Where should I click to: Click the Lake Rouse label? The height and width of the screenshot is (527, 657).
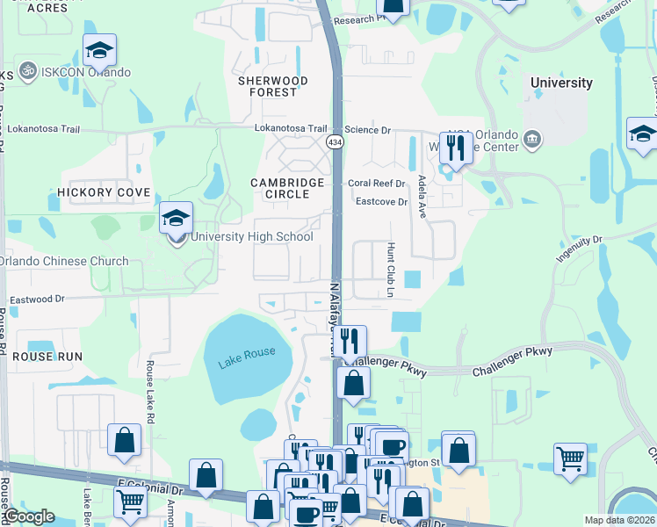pos(240,352)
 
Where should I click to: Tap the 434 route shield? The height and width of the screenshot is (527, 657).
pos(335,141)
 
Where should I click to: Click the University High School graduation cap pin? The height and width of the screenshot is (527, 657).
pos(176,218)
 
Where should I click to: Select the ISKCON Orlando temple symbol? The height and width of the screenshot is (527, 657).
pos(26,69)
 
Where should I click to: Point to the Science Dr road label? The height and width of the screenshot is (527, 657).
pos(367,130)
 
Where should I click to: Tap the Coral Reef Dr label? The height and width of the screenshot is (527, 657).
pos(376,184)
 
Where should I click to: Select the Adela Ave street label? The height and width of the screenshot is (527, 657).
pos(422,196)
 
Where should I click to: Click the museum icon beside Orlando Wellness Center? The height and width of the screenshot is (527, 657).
pos(531,139)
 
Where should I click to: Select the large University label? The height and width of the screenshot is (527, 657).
pos(561,83)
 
